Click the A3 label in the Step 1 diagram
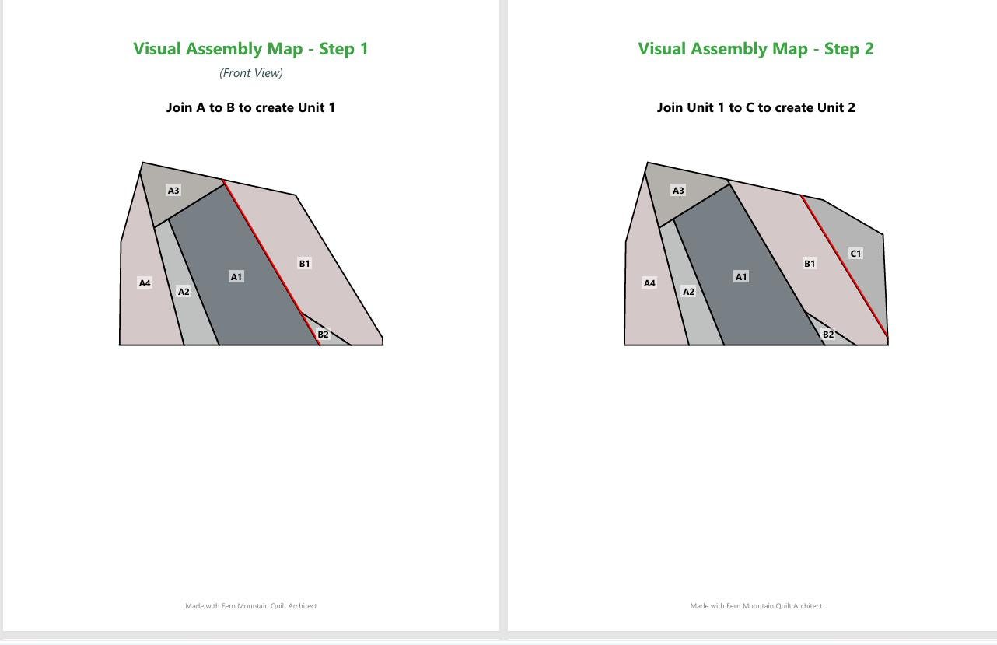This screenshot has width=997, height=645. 173,190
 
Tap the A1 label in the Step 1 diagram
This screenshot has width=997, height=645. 236,277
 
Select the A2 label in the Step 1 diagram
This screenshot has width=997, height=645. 184,292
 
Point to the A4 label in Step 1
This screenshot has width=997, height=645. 145,283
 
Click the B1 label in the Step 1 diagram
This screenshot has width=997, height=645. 304,263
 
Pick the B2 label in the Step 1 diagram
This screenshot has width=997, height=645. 323,334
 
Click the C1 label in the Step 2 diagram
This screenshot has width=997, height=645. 855,254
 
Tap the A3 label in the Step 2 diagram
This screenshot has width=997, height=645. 678,190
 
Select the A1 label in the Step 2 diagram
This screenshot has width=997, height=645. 740,277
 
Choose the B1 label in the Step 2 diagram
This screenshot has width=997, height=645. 809,263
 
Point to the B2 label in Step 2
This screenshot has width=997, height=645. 828,334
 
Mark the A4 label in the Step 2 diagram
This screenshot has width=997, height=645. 649,283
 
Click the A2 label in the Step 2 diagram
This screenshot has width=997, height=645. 688,292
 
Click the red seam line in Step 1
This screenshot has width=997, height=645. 271,262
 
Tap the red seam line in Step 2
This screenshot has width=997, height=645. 845,266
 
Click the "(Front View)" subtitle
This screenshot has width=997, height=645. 251,73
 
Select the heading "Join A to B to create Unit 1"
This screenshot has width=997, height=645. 250,107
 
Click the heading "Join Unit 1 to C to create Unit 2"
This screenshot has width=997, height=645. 756,107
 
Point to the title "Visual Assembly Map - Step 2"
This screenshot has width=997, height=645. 756,48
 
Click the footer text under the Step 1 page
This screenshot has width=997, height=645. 251,606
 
